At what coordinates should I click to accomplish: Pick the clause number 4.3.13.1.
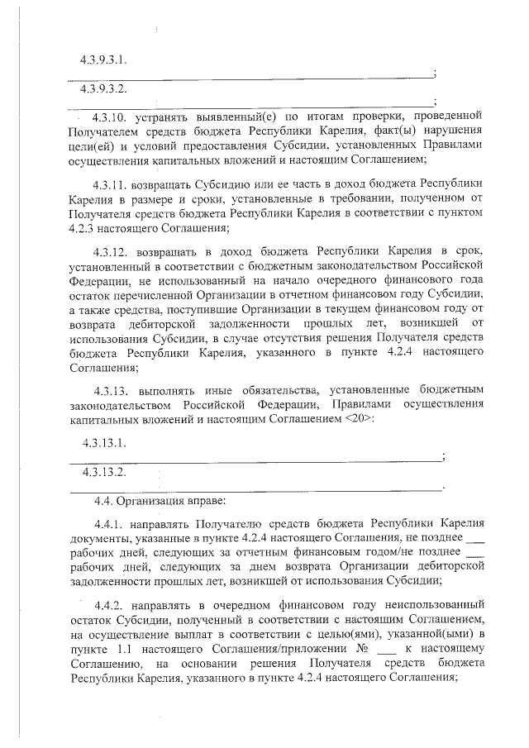(x=104, y=443)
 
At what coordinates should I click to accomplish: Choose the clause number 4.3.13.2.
(x=104, y=473)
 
